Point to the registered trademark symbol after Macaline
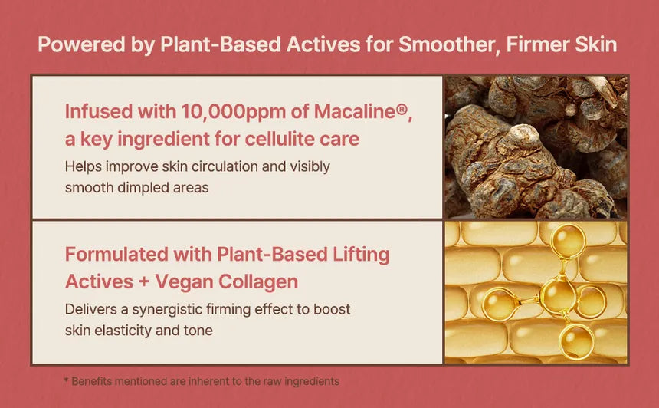(402, 110)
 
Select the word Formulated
(116, 255)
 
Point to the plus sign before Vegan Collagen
(144, 282)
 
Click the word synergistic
(167, 310)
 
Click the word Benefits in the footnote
(90, 381)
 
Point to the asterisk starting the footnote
(66, 380)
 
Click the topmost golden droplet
(569, 240)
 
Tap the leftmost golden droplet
(499, 303)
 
